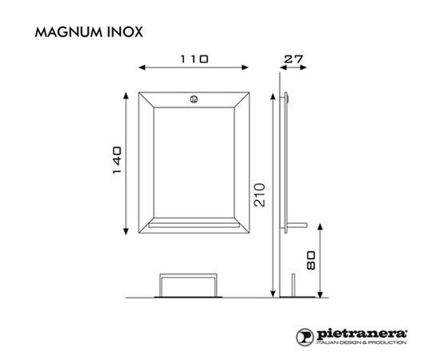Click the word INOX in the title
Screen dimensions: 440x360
click(x=125, y=32)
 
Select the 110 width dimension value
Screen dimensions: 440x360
click(x=194, y=59)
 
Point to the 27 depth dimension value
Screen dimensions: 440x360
click(x=294, y=59)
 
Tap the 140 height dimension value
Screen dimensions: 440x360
click(x=118, y=160)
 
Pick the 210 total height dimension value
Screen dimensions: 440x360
click(x=259, y=194)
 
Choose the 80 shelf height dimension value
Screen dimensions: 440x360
click(x=311, y=260)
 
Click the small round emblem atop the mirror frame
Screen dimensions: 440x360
click(x=194, y=99)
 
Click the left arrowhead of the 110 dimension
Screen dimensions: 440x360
click(x=142, y=67)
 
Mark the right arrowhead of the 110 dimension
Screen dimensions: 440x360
click(x=246, y=67)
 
